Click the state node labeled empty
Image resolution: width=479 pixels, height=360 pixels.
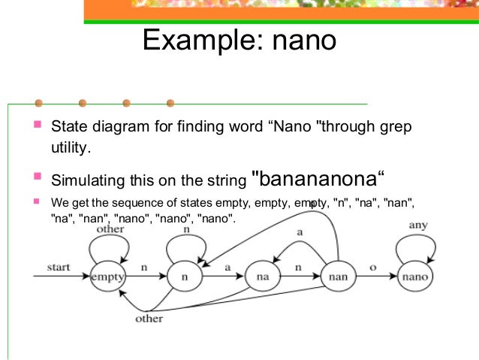coord(109,277)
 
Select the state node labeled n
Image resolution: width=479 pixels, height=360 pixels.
coord(185,277)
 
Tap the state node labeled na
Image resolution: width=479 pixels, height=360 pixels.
coord(263,277)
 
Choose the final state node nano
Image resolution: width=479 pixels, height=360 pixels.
coord(415,277)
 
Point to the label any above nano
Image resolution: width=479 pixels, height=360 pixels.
coord(417,225)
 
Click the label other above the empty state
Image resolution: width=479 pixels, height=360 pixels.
coord(110,228)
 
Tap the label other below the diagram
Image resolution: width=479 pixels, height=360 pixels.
coord(149,319)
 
